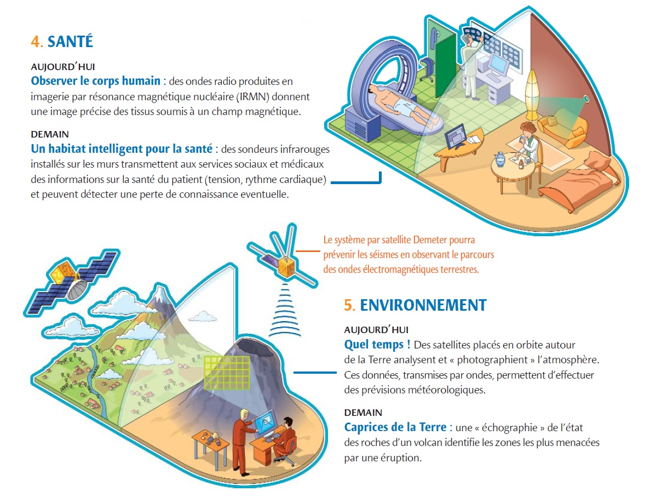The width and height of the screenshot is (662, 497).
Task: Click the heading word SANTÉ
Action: point(70,42)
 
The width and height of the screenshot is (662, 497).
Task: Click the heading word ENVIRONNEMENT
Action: point(423,305)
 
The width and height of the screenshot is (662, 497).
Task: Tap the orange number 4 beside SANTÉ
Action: point(36,42)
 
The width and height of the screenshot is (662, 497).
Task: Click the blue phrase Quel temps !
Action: point(377,344)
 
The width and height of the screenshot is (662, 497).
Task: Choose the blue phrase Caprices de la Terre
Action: point(395,427)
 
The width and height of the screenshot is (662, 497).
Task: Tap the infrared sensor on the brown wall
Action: point(586,99)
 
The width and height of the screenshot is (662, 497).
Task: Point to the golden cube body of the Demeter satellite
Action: point(286,267)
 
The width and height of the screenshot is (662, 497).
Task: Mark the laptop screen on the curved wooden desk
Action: point(456,136)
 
